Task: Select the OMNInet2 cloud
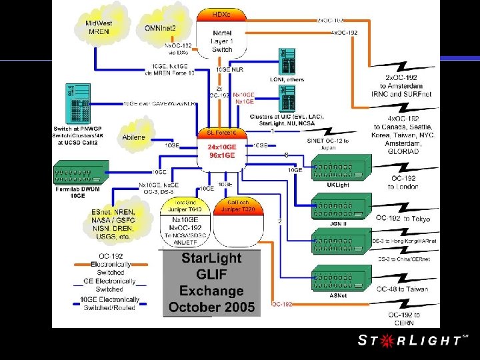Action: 160,27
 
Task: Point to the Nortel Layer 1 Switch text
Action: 221,40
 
